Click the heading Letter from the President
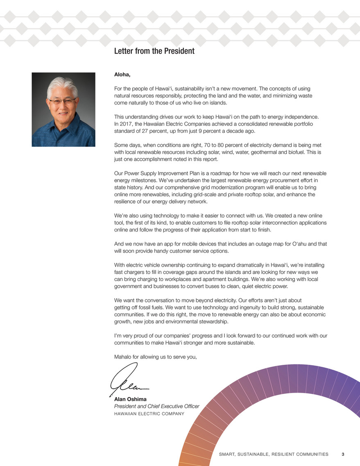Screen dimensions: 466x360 154,51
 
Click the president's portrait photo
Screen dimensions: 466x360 63,109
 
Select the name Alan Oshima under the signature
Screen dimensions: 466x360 130,399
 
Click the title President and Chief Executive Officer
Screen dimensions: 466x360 156,406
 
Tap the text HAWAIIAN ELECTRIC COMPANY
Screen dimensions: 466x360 149,414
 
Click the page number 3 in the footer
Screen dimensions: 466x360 343,454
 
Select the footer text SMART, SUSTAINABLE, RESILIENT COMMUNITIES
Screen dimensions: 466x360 274,454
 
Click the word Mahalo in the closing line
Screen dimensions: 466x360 123,357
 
